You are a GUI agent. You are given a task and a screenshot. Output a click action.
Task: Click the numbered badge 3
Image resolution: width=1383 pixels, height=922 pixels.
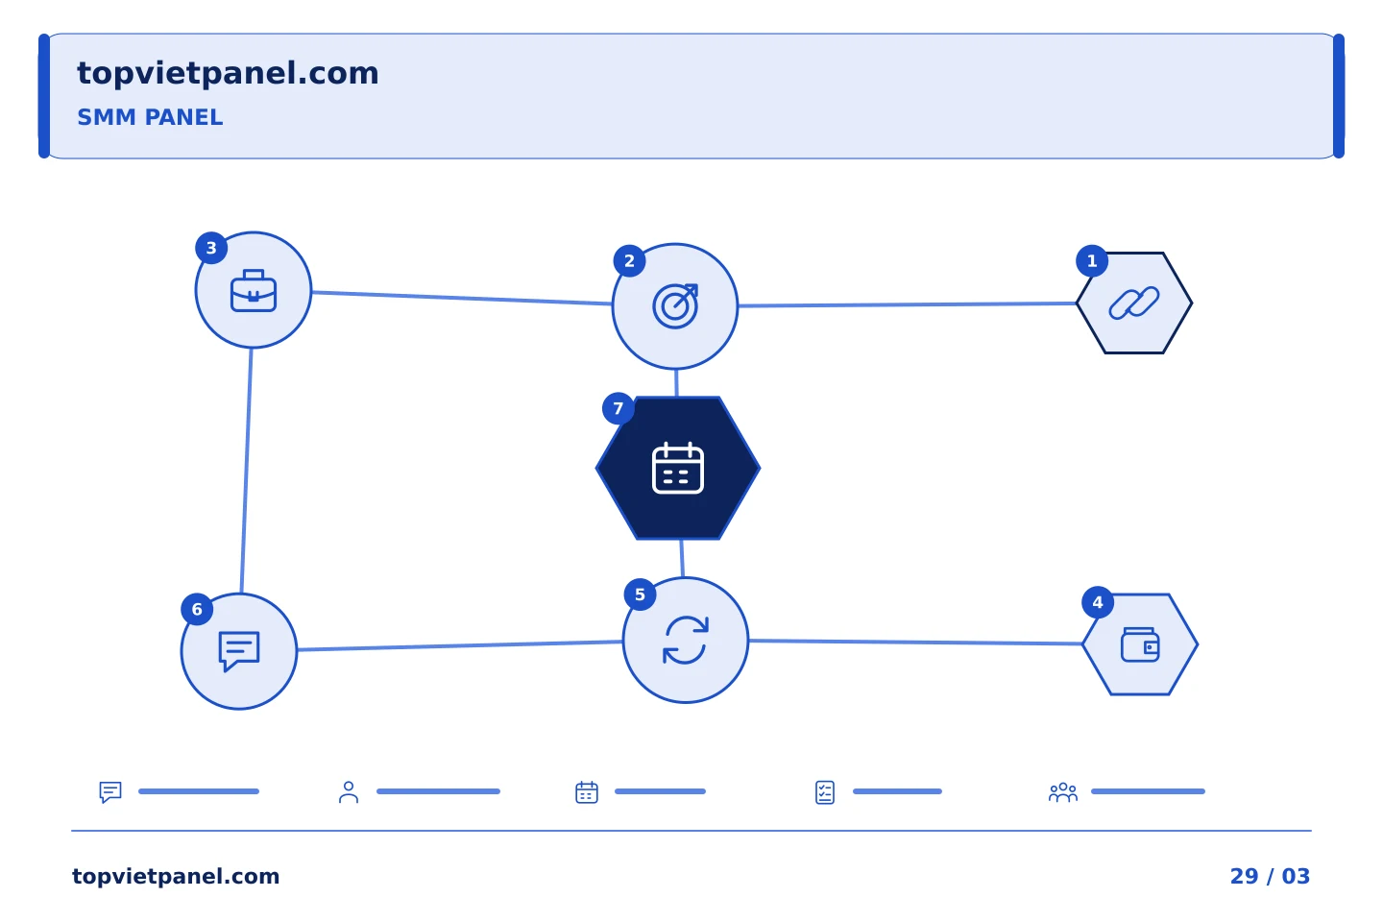(211, 248)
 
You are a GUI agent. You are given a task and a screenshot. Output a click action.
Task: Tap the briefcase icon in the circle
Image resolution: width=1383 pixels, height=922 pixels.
(254, 290)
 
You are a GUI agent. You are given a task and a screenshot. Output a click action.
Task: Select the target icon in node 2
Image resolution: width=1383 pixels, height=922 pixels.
(675, 306)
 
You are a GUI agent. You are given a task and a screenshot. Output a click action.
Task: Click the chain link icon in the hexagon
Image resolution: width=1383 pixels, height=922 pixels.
(1134, 303)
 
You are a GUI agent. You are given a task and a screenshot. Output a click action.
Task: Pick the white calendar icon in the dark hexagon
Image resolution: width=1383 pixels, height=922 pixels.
(678, 468)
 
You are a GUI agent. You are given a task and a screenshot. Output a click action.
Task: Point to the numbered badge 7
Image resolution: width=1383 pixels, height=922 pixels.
(619, 409)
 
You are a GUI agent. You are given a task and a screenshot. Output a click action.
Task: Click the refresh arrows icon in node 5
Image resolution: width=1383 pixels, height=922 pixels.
(686, 641)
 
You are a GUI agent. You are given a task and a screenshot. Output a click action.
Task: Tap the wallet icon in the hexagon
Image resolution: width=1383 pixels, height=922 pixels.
(1140, 644)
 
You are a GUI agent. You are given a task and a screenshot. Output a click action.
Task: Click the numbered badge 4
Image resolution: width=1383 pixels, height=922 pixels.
(1098, 603)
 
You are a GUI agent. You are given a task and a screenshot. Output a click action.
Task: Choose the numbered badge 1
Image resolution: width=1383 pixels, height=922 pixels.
(1092, 261)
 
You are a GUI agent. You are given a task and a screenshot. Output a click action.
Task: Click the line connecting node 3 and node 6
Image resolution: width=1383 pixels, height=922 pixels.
(246, 471)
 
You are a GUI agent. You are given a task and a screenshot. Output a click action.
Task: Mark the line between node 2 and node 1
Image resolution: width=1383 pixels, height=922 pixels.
(907, 304)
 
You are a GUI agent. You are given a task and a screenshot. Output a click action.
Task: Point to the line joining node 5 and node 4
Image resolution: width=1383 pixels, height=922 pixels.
(915, 643)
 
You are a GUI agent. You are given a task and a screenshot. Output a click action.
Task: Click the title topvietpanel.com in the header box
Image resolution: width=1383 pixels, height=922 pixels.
(228, 74)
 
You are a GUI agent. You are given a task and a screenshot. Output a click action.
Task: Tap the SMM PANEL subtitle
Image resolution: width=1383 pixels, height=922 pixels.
(150, 117)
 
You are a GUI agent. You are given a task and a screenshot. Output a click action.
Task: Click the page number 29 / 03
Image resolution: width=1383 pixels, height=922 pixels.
(1270, 876)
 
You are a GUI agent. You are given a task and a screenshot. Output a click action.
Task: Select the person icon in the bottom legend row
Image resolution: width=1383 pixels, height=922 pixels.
(349, 792)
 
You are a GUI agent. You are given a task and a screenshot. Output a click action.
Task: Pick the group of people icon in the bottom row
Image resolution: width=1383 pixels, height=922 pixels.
(1063, 792)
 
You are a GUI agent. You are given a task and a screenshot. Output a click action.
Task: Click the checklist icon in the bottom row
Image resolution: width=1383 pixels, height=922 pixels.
(825, 792)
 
